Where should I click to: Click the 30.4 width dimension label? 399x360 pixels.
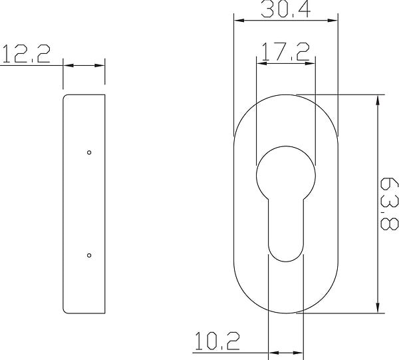pos(286,9)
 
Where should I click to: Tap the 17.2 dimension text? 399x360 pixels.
pos(285,52)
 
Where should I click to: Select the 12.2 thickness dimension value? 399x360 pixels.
pos(26,53)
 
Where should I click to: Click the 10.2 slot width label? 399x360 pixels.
pos(217,341)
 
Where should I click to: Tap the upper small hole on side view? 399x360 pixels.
pos(89,152)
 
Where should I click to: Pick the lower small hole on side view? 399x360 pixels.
pos(89,256)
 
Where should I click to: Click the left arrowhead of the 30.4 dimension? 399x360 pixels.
pos(239,21)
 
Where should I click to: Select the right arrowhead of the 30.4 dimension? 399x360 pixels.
pos(333,21)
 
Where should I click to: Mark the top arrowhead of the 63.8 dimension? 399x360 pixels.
pos(378,100)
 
